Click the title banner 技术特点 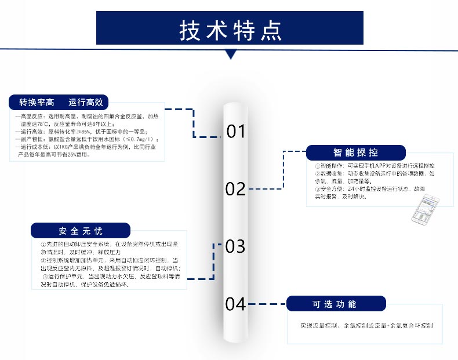coord(229,28)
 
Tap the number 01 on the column coord(236,132)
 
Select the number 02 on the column coord(236,188)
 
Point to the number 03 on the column coord(236,246)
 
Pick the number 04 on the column coord(236,304)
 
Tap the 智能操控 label coord(356,152)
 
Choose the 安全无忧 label coord(81,231)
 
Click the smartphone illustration coord(425,210)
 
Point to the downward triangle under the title coord(231,54)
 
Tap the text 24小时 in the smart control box coord(358,189)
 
